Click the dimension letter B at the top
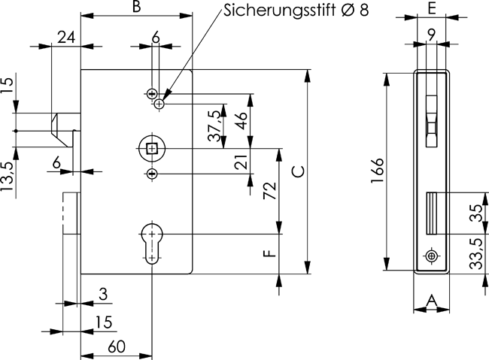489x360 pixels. pos(136,8)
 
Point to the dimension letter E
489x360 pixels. pos(432,8)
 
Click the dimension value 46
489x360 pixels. pos(242,121)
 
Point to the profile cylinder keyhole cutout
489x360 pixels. pos(153,243)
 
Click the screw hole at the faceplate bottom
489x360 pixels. pos(431,256)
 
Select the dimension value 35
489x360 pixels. pos(476,213)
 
